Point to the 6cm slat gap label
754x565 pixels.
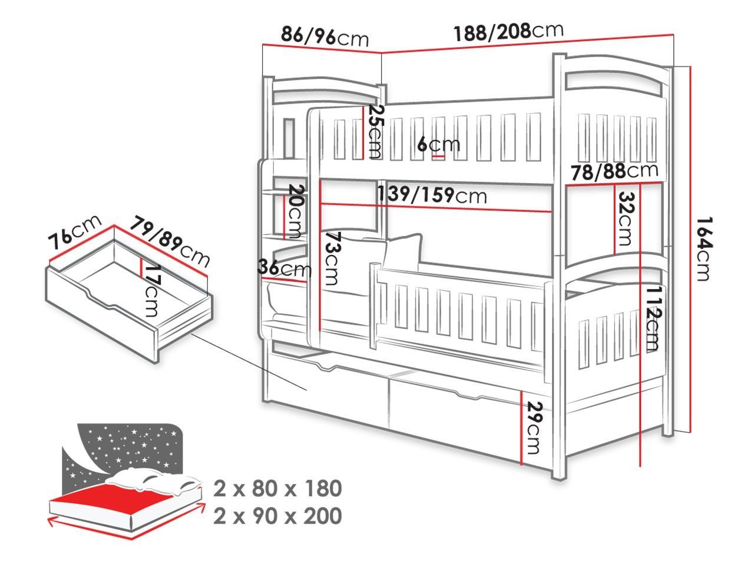[439, 145]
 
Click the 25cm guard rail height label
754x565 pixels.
[375, 131]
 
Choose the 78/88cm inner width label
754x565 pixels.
[614, 171]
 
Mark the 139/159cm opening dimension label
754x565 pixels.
[432, 195]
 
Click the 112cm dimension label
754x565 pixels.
[653, 318]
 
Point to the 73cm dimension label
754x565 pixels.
[332, 258]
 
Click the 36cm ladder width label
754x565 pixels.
[285, 268]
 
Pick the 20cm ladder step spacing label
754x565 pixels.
[296, 211]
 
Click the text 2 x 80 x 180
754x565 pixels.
[277, 488]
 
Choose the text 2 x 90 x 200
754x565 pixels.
[277, 516]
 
